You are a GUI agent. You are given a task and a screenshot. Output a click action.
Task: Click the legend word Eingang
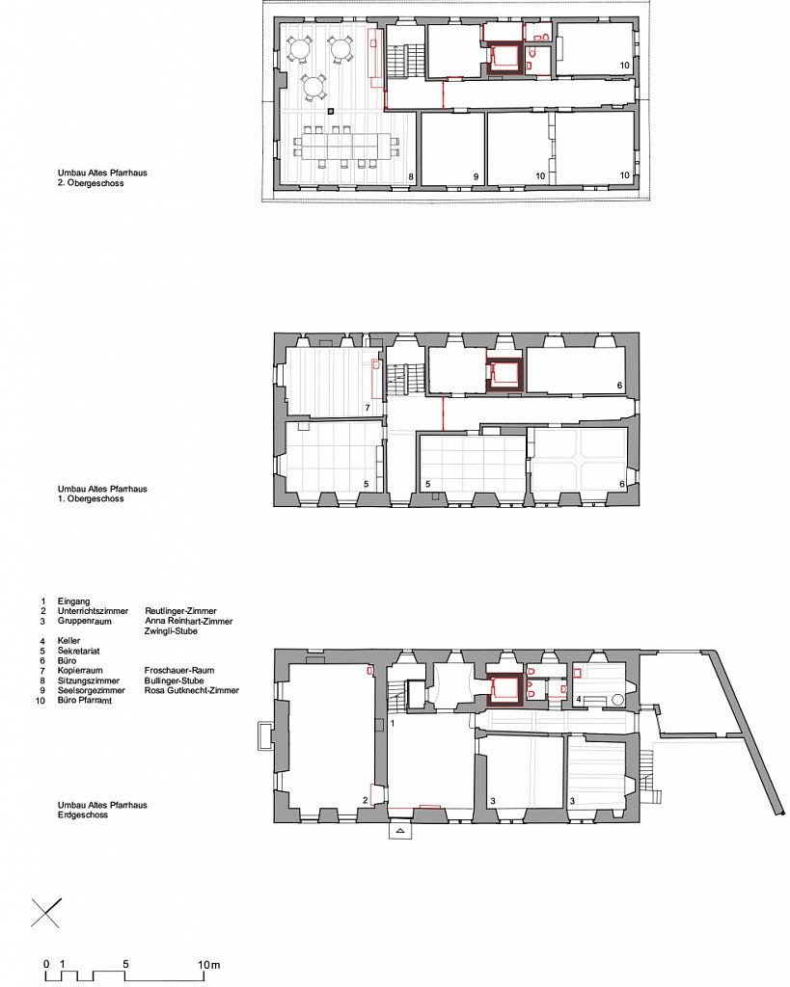click(73, 601)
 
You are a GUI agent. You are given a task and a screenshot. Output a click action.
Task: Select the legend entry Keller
click(68, 641)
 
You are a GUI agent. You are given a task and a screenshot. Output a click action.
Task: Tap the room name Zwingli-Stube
click(171, 630)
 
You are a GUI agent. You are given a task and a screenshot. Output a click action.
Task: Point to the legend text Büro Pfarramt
click(85, 700)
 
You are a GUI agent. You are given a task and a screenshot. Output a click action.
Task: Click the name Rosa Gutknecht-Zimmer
click(192, 690)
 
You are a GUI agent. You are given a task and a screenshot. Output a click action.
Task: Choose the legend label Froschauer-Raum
click(178, 671)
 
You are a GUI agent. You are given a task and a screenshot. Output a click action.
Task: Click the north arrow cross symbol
click(46, 913)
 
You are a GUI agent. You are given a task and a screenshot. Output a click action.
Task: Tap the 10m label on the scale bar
click(209, 964)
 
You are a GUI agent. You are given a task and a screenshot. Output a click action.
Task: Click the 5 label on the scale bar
click(126, 964)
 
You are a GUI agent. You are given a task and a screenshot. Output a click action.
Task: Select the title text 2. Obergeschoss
click(91, 183)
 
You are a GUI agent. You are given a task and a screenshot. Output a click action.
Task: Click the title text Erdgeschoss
click(83, 814)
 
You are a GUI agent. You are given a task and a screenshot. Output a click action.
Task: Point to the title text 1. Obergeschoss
click(91, 498)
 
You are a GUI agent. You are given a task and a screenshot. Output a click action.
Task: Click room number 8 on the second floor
click(411, 177)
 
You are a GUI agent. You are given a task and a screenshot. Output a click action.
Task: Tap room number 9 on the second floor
click(477, 177)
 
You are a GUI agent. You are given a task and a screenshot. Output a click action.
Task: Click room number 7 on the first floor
click(368, 408)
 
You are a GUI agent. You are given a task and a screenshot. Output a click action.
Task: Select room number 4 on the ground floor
click(579, 700)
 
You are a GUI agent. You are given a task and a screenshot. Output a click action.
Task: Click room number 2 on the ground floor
click(365, 801)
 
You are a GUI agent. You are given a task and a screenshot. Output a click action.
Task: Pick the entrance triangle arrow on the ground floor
click(398, 832)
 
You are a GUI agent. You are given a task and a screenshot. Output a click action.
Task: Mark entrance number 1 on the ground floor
click(393, 723)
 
